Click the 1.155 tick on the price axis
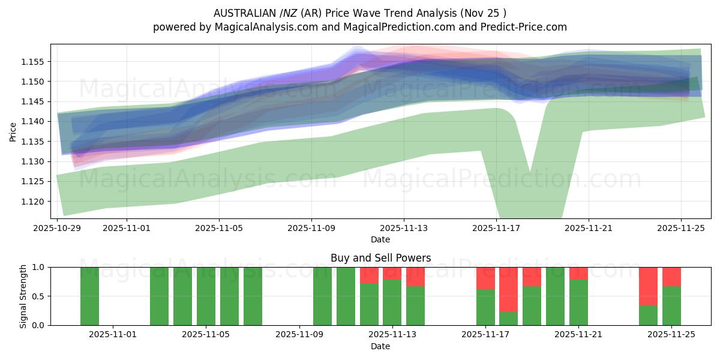(x=34, y=62)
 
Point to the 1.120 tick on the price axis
(x=34, y=202)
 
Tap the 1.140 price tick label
(x=34, y=122)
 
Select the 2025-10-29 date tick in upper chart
(x=58, y=228)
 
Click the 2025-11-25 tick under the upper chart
(x=681, y=228)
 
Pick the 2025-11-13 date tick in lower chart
(x=392, y=334)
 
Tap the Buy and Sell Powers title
(x=380, y=259)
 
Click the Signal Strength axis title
(x=23, y=296)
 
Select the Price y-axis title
(x=13, y=132)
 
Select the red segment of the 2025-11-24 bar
(x=648, y=286)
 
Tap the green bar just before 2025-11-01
(x=89, y=296)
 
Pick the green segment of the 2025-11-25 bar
(x=671, y=305)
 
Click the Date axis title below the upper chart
(x=380, y=239)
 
